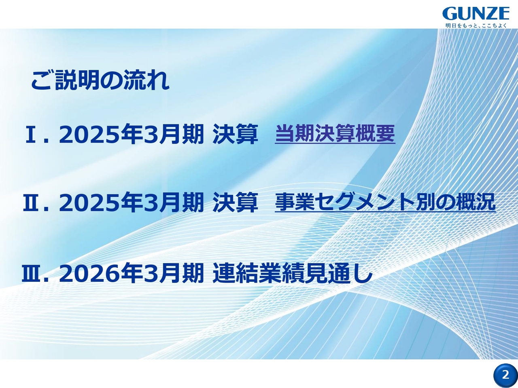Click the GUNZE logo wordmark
(476, 14)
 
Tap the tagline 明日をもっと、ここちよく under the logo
(476, 25)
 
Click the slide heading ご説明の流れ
(100, 80)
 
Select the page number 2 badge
(505, 375)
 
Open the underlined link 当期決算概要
(335, 134)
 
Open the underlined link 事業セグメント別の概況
(385, 202)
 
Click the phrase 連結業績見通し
(292, 274)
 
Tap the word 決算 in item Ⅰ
(235, 135)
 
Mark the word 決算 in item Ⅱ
(235, 203)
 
